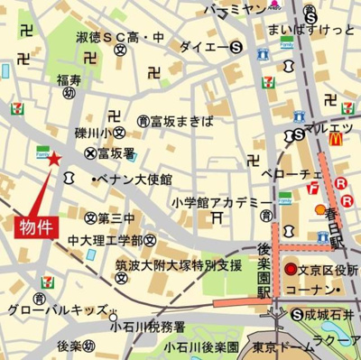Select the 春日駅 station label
339,226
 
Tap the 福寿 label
69,81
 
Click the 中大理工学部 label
106,240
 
